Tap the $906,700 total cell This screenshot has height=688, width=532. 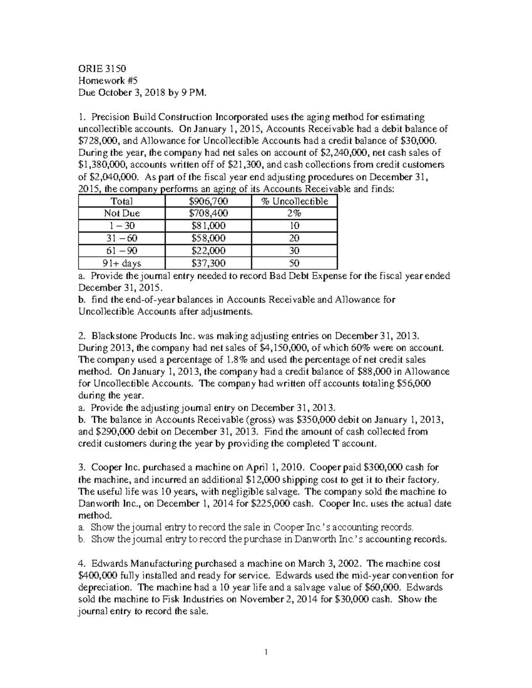(x=207, y=201)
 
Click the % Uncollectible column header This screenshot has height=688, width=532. (x=294, y=201)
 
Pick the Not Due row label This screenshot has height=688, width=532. (x=121, y=213)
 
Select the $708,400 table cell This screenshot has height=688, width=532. (x=207, y=213)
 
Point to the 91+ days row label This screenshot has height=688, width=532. (x=121, y=263)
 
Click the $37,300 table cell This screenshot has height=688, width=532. (x=207, y=263)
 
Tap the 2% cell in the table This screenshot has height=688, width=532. (x=294, y=213)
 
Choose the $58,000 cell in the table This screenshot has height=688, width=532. (x=207, y=238)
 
